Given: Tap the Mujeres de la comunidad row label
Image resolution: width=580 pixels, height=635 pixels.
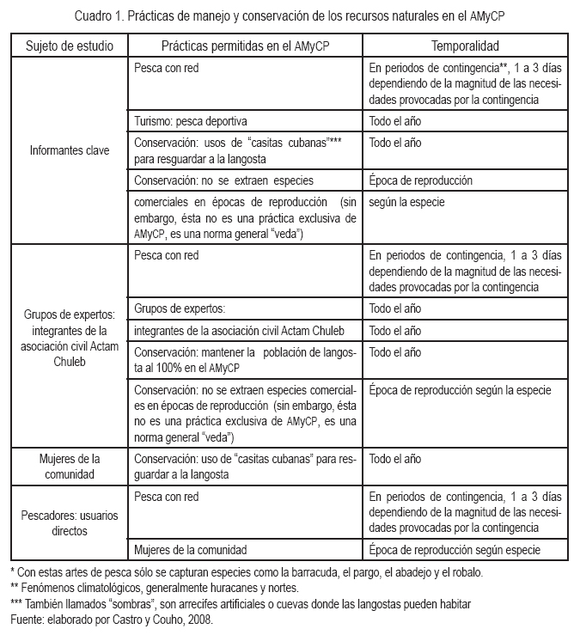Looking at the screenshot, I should click(69, 465).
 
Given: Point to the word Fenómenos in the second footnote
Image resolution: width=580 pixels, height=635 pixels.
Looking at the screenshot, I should click(48, 588).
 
